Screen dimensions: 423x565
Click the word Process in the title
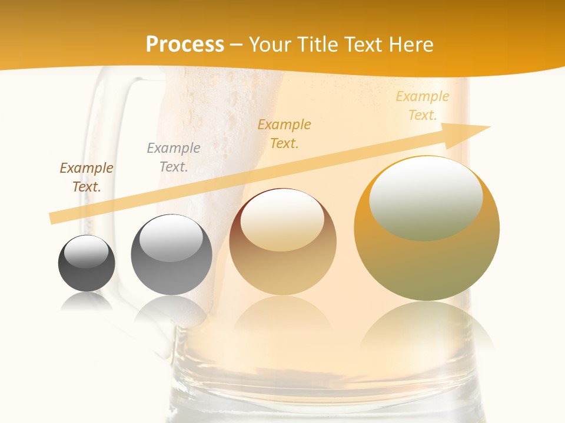(x=185, y=45)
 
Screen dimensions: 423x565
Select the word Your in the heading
(x=269, y=45)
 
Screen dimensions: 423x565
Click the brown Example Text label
(x=86, y=177)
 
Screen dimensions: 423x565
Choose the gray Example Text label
(x=173, y=157)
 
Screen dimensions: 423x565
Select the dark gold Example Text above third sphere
(x=284, y=133)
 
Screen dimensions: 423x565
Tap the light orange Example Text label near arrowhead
(x=422, y=106)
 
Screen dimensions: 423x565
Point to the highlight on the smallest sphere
(x=86, y=251)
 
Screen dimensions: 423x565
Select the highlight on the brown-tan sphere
(x=282, y=220)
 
